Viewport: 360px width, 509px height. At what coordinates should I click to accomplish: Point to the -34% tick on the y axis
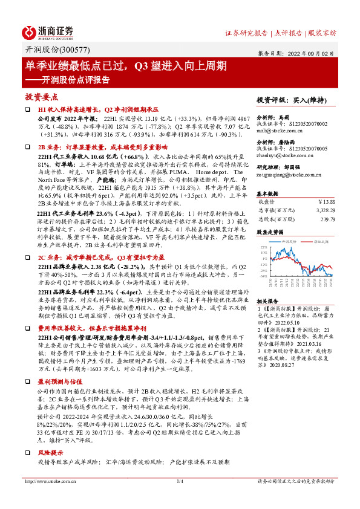click(x=262, y=276)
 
